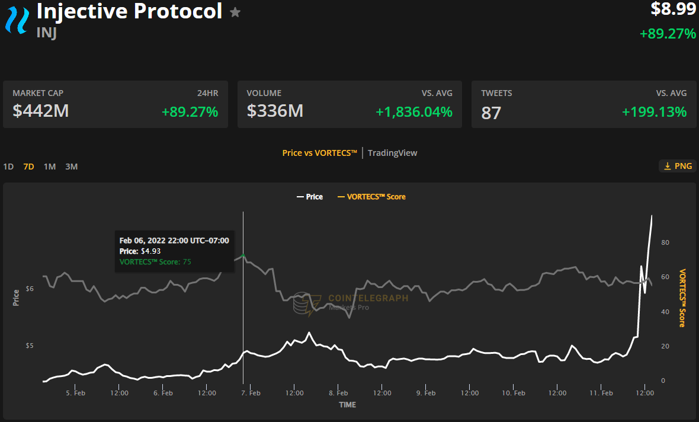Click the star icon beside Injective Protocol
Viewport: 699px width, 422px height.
point(235,12)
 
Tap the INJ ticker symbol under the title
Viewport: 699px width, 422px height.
point(46,33)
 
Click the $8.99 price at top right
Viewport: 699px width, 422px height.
point(674,9)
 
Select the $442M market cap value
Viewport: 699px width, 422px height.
point(40,111)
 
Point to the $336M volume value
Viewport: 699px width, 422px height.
point(275,111)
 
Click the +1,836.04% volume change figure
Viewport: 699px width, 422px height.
point(414,111)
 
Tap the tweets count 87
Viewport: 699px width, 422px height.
point(491,112)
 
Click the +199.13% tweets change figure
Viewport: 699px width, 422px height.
point(654,111)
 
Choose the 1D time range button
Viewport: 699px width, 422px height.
point(8,167)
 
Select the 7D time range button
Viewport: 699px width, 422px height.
point(28,167)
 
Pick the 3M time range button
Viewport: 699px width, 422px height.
point(71,167)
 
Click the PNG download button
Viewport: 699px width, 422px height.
point(677,166)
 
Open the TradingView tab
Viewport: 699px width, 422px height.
point(392,153)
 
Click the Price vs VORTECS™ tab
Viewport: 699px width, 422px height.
point(319,153)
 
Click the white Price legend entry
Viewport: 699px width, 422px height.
point(309,197)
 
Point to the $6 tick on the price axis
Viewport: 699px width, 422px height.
point(30,289)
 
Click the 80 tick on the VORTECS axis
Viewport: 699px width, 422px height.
point(665,242)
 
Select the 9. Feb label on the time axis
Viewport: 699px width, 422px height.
point(426,393)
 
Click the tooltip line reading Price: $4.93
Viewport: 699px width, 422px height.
point(140,251)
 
